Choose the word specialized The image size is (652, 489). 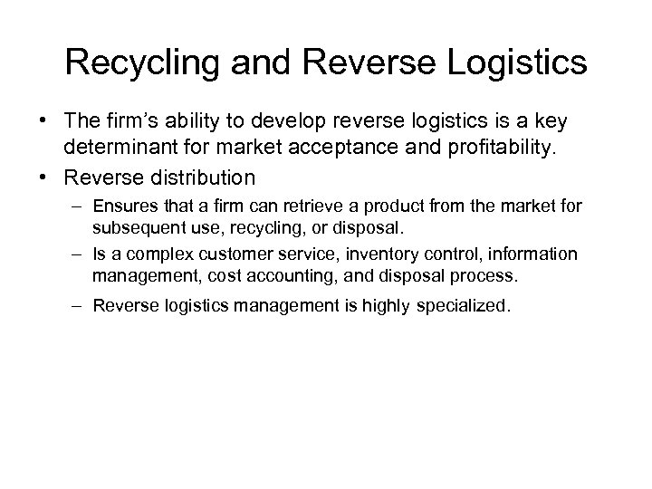[x=470, y=305]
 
